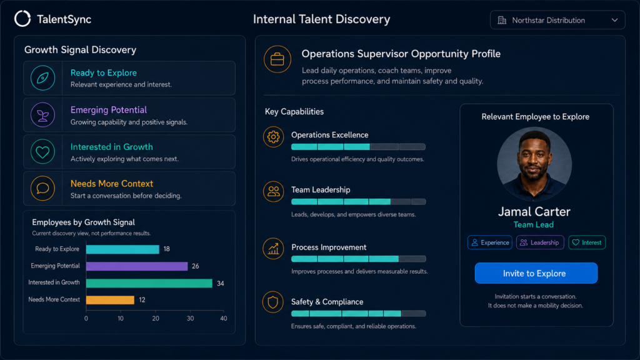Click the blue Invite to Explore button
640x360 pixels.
536,273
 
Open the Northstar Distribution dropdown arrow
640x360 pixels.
614,20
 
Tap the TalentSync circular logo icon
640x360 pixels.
22,19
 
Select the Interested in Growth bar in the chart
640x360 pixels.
149,283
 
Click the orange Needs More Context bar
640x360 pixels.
110,299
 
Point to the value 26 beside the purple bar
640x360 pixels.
196,266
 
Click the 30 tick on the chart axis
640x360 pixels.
190,318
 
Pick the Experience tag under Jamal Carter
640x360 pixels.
490,242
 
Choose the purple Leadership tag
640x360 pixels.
540,242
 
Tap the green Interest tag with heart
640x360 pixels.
587,242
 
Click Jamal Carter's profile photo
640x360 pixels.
534,164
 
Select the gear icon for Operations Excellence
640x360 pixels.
273,137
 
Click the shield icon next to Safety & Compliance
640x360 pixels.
272,302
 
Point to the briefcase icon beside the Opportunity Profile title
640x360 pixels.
277,59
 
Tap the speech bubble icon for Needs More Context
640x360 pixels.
43,188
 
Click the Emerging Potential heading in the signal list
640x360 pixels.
109,110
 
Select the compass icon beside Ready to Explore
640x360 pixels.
43,78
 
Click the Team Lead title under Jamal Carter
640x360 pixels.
534,224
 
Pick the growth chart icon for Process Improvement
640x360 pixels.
273,249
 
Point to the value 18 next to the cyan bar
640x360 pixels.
166,249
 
